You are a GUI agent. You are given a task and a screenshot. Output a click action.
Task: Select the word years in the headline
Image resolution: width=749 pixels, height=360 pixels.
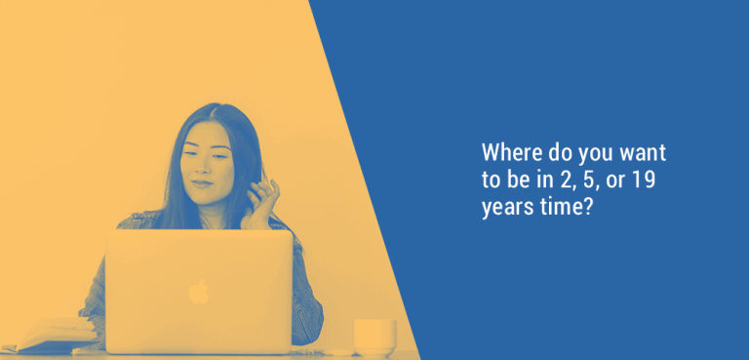tap(505, 208)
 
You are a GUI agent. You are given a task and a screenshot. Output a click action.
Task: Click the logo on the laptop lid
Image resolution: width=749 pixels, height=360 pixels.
tap(198, 291)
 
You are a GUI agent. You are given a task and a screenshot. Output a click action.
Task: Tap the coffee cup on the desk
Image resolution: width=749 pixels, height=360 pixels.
tap(374, 336)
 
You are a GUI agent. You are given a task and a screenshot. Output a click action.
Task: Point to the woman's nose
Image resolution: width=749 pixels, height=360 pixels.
tap(204, 167)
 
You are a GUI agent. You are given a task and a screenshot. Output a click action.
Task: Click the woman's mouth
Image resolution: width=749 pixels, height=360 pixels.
tap(203, 182)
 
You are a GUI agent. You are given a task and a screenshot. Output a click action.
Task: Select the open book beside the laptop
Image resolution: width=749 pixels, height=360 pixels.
tap(49, 335)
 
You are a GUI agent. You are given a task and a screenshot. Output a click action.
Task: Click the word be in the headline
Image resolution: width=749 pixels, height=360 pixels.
tap(514, 180)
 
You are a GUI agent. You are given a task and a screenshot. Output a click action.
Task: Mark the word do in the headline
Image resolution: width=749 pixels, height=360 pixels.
tap(555, 154)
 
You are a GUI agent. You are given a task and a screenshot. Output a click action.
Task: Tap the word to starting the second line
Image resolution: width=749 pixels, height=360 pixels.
tap(491, 180)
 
